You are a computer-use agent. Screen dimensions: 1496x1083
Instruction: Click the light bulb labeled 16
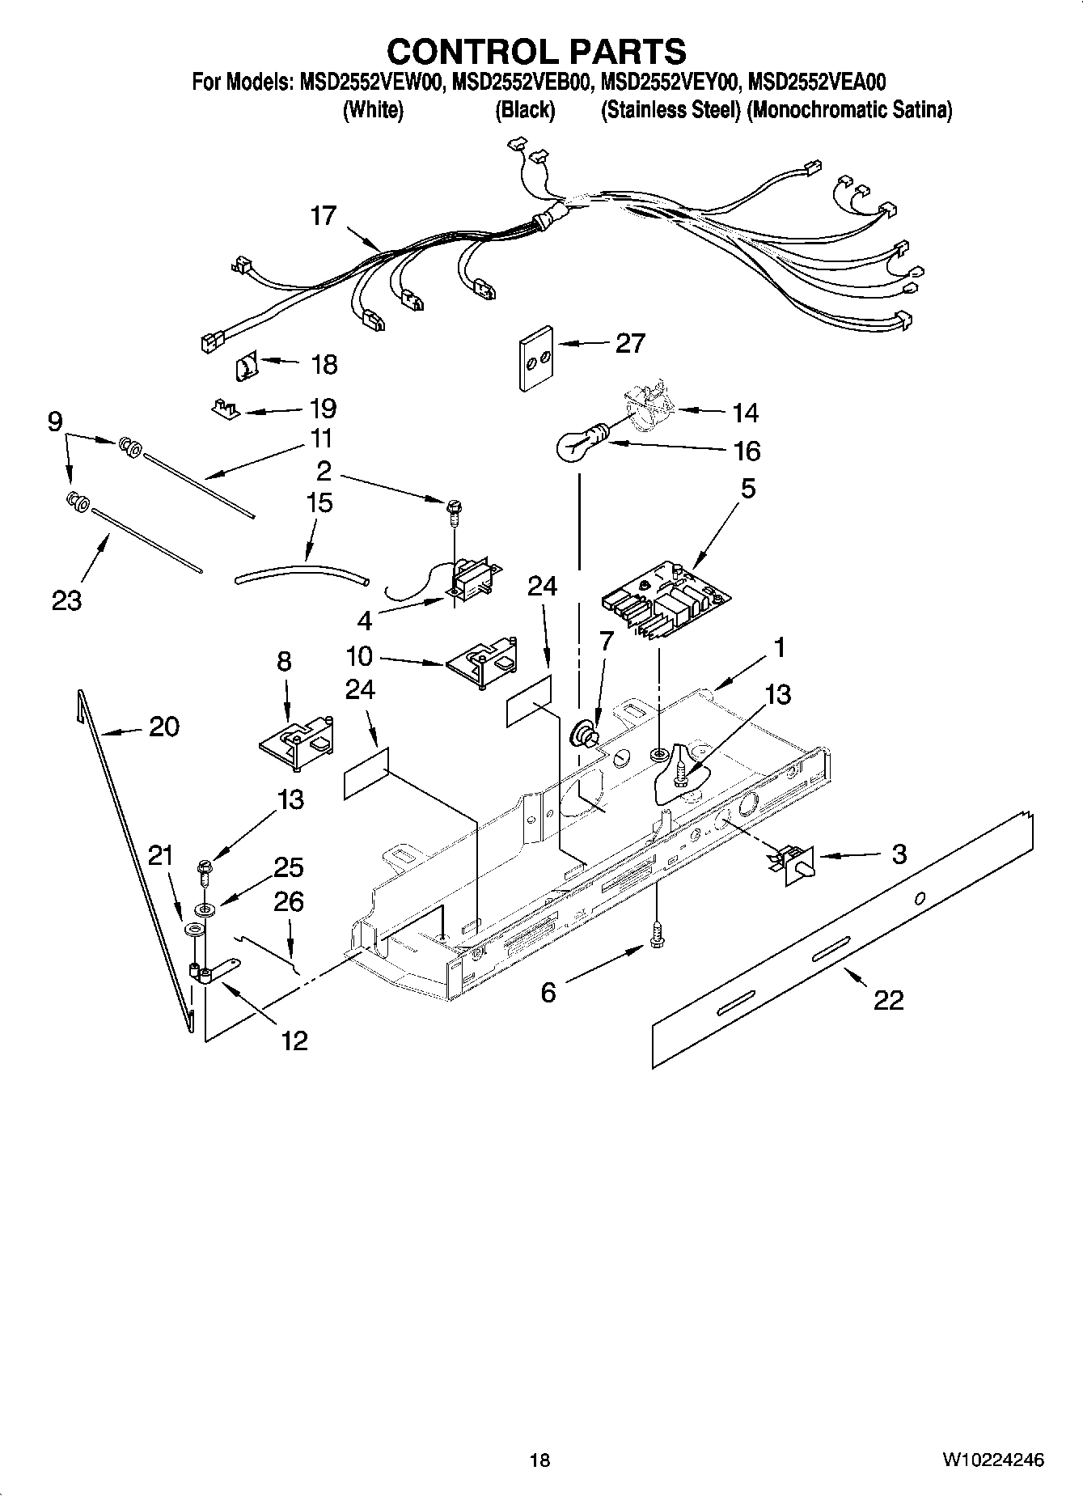pyautogui.click(x=573, y=443)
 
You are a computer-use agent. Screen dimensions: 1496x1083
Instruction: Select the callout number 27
pyautogui.click(x=630, y=343)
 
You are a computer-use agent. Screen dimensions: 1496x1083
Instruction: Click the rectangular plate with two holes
pyautogui.click(x=535, y=359)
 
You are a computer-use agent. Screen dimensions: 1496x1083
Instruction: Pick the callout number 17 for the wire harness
pyautogui.click(x=324, y=216)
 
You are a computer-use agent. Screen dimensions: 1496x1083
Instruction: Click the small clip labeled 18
pyautogui.click(x=245, y=368)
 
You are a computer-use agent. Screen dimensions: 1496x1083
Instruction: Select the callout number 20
pyautogui.click(x=164, y=727)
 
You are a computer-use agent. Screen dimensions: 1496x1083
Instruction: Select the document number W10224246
pyautogui.click(x=992, y=1460)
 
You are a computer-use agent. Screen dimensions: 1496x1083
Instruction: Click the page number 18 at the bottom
pyautogui.click(x=539, y=1460)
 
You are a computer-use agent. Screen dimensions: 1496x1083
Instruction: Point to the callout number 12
pyautogui.click(x=294, y=1040)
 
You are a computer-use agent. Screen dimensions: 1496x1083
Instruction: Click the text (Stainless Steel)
pyautogui.click(x=671, y=110)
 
